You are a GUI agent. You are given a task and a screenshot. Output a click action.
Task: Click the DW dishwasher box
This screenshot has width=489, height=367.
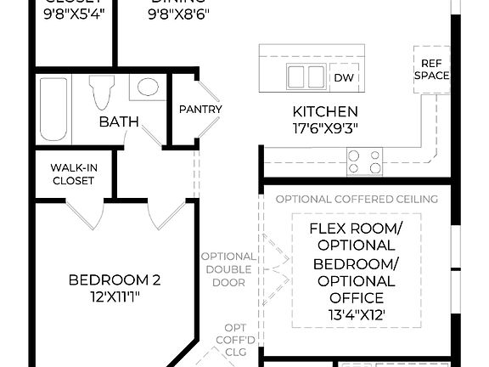(343, 77)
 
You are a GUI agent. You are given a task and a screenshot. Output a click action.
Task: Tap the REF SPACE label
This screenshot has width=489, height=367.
(431, 69)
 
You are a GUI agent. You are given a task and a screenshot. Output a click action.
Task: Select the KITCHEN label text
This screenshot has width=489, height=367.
(325, 111)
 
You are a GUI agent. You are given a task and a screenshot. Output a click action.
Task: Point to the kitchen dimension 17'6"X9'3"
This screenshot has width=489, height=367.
(325, 129)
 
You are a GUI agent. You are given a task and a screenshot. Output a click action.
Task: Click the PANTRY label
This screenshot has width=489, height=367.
(200, 109)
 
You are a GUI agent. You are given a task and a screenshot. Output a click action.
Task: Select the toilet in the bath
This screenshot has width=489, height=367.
(102, 92)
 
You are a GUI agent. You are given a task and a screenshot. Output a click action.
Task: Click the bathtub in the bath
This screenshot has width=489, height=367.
(53, 108)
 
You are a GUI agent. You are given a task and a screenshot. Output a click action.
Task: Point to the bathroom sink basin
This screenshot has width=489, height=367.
(149, 87)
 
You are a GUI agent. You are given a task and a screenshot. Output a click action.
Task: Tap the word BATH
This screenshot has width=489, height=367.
(119, 122)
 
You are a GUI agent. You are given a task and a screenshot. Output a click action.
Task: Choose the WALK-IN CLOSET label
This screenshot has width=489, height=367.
(74, 173)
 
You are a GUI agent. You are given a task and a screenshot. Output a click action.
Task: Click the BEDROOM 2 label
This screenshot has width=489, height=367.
(115, 280)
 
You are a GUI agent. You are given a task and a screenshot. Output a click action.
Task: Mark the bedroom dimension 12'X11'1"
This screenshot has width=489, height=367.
(115, 296)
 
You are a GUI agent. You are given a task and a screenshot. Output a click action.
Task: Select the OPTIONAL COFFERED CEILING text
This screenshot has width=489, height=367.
(357, 199)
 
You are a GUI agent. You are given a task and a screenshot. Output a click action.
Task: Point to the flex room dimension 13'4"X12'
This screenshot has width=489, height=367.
(357, 314)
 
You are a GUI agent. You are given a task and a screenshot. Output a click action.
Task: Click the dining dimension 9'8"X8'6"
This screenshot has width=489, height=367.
(179, 15)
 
